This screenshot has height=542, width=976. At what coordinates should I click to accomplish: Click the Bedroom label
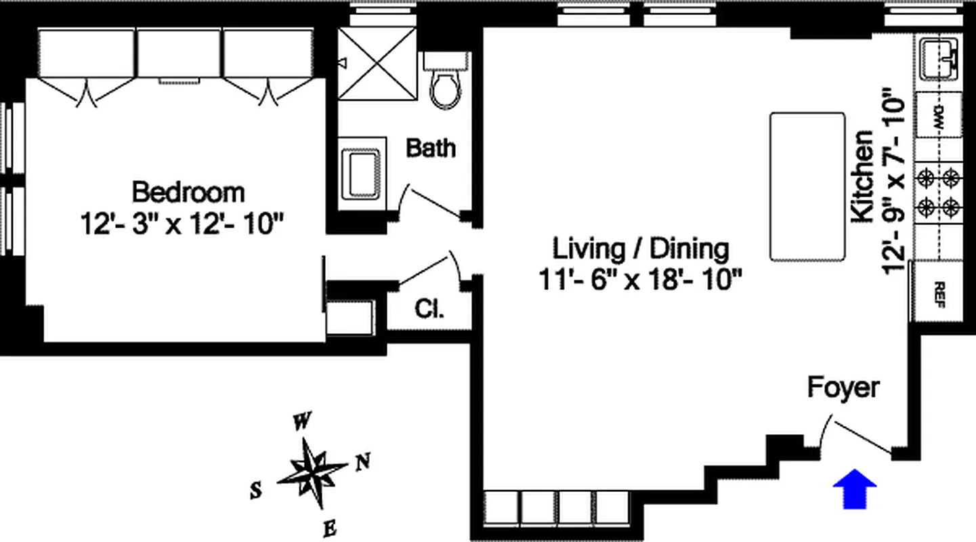click(x=188, y=192)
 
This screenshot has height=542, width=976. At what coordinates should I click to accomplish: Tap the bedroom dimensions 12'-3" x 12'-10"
click(x=182, y=224)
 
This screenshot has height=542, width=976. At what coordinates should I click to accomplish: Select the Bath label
click(x=431, y=148)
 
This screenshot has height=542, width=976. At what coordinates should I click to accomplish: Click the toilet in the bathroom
click(x=446, y=81)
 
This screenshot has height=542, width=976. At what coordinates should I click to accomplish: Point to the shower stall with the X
click(x=377, y=64)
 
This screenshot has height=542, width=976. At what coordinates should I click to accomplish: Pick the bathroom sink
click(x=361, y=174)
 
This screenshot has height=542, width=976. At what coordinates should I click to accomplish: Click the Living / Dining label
click(x=641, y=249)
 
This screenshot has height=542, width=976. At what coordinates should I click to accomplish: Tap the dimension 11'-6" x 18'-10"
click(x=640, y=279)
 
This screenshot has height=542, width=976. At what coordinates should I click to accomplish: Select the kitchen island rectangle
click(x=807, y=187)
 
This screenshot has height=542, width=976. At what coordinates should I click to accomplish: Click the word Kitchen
click(x=862, y=176)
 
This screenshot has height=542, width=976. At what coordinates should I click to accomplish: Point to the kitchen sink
click(x=938, y=59)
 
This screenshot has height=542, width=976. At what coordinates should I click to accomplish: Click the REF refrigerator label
click(x=940, y=295)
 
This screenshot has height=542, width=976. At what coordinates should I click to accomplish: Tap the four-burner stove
click(x=938, y=192)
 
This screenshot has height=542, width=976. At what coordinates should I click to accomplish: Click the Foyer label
click(x=843, y=388)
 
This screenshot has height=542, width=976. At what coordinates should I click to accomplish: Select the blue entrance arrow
click(x=855, y=489)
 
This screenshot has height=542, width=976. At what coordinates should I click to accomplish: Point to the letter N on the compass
click(x=363, y=462)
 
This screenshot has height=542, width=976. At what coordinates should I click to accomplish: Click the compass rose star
click(x=312, y=473)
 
